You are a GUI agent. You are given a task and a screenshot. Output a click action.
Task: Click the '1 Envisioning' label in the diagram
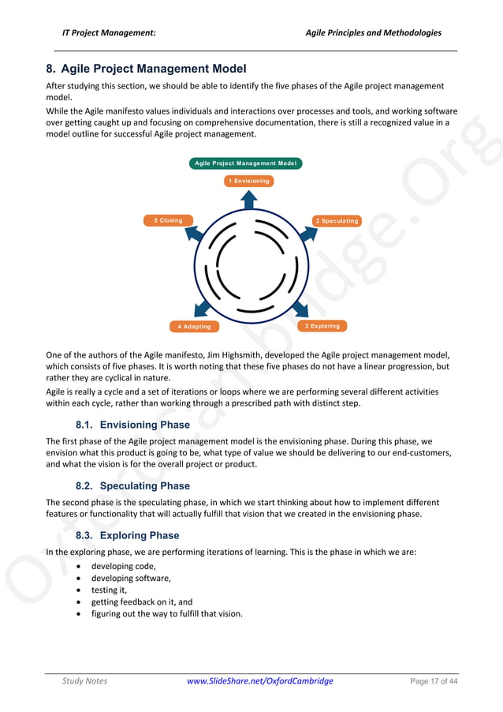click(248, 181)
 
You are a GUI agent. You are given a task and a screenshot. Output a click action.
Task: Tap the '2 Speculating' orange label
click(337, 221)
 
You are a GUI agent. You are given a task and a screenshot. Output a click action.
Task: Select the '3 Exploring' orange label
click(322, 326)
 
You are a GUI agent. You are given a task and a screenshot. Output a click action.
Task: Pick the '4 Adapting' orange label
click(194, 326)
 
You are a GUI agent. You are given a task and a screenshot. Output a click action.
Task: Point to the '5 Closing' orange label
click(167, 220)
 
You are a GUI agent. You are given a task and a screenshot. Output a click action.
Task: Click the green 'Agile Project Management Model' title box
click(245, 163)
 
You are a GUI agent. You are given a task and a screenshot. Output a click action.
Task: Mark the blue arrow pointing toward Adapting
click(202, 307)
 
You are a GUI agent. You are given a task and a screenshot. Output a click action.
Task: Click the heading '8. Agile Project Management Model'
click(146, 69)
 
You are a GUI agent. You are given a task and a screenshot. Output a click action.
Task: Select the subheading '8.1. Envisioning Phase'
click(132, 425)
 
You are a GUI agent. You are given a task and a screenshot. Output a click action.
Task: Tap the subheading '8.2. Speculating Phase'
click(132, 485)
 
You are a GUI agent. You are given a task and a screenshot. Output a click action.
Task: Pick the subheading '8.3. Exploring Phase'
click(127, 535)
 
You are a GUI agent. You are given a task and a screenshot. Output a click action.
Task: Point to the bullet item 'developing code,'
click(123, 567)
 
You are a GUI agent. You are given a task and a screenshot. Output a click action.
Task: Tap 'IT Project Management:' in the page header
click(109, 32)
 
